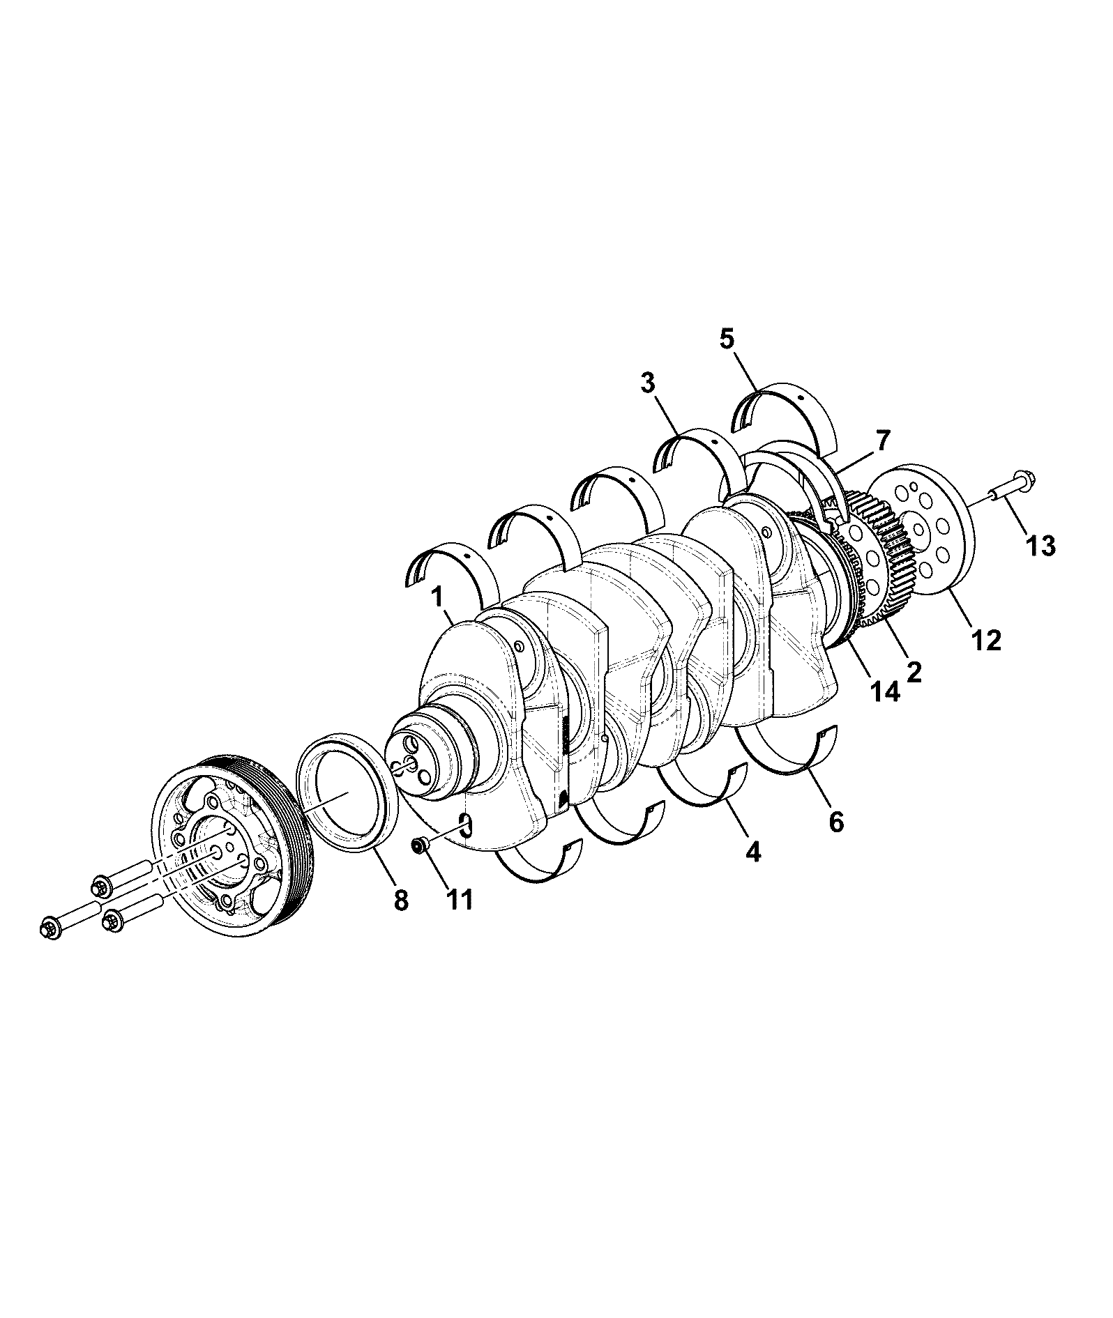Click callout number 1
[438, 599]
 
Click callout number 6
[836, 822]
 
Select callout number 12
[985, 639]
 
